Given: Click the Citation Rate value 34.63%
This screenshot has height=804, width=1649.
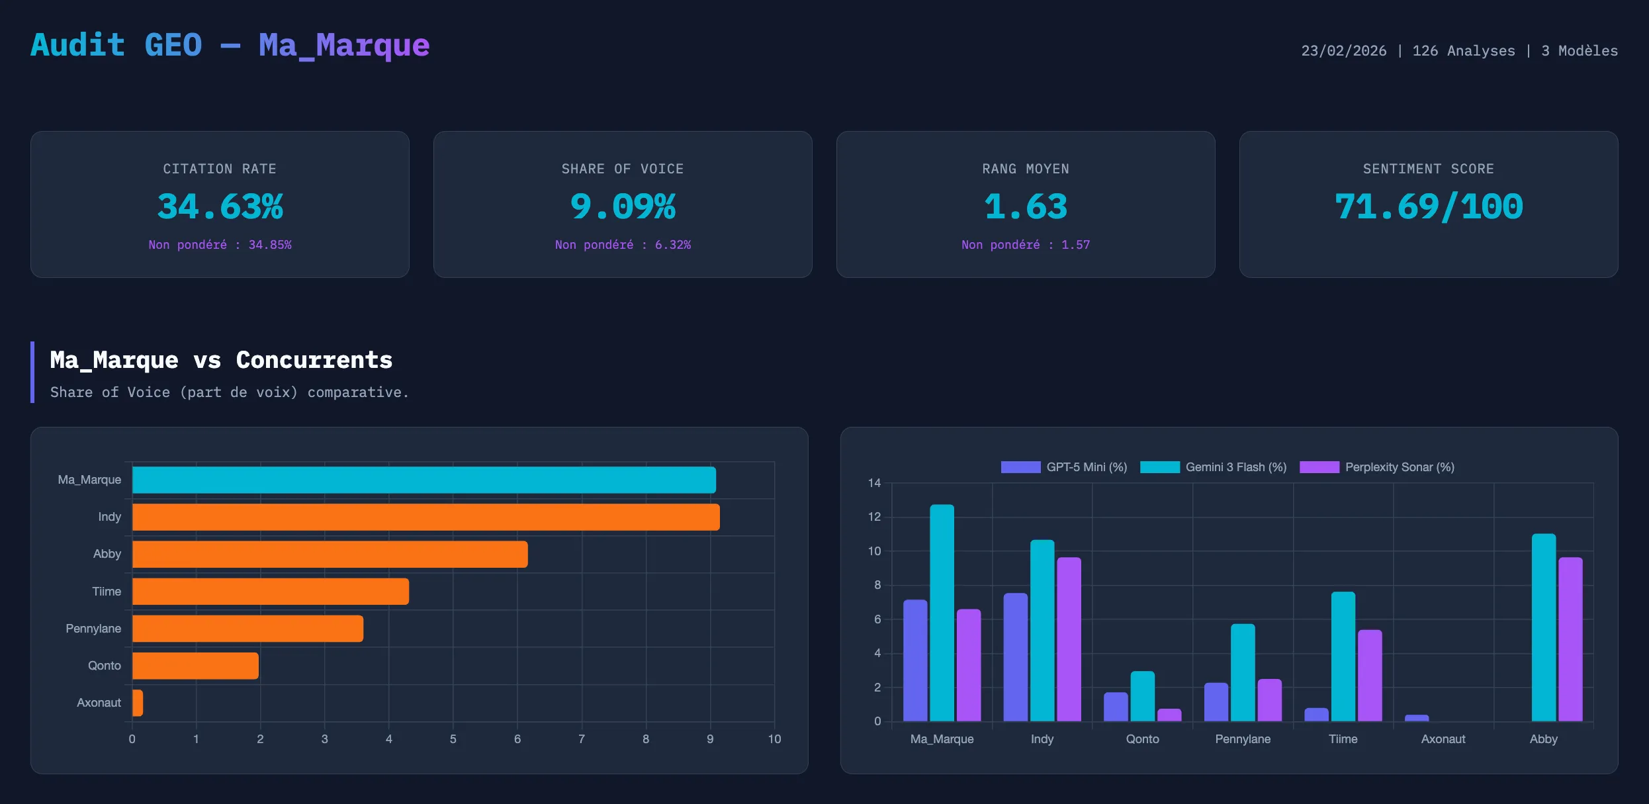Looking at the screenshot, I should coord(220,206).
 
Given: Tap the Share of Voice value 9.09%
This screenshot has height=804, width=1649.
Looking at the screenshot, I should coord(623,206).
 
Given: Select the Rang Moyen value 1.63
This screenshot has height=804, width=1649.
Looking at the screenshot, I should coord(1026,206).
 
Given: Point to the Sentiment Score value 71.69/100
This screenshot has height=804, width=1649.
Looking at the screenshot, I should coord(1429,206).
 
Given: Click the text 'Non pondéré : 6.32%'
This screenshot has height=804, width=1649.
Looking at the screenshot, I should coord(623,245).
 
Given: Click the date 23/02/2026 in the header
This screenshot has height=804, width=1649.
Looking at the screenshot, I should coord(1343,51).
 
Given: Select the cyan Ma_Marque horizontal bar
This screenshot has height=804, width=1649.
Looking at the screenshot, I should coord(423,480).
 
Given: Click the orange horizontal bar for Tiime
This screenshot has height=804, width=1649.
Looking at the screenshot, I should coord(270,592).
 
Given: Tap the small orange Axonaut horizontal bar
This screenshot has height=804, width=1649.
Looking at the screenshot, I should coord(138,703).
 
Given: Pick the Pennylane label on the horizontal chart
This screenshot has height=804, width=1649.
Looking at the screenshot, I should coord(93,629).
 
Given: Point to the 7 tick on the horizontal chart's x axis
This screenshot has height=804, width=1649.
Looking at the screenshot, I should coord(582,739).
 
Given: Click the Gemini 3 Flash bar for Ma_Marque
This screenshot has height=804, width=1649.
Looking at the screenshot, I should coord(942,613).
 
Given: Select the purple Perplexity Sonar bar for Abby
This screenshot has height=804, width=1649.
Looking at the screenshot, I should coord(1570,639).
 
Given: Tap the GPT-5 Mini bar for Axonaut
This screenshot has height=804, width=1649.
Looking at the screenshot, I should coord(1417,718).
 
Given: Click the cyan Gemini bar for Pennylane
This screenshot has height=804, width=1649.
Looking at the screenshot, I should coord(1243,672).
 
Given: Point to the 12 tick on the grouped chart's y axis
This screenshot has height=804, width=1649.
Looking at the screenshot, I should coord(874,517).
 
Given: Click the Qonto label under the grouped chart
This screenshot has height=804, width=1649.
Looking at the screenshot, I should coord(1142,739).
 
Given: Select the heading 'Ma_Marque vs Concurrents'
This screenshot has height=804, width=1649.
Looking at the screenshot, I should coord(221,360).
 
